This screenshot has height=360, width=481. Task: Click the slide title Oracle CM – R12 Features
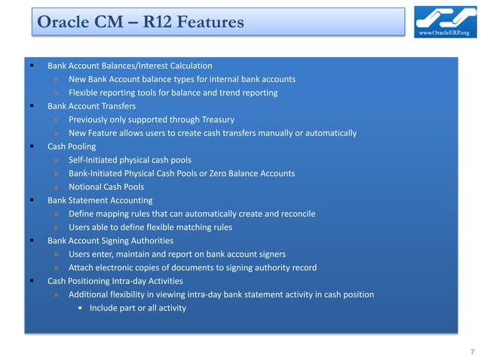[x=140, y=23]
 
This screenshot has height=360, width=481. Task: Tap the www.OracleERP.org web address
[x=449, y=33]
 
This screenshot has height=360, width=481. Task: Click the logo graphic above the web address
[x=448, y=17]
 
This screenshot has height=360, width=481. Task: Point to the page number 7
[x=471, y=351]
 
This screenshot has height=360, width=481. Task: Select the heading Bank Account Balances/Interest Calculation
[x=130, y=66]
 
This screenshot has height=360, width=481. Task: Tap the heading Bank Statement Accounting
[x=100, y=200]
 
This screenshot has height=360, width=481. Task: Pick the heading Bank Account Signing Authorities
[x=110, y=240]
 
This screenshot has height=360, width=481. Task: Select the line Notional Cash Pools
[x=106, y=187]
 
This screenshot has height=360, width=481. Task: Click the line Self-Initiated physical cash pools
[x=129, y=160]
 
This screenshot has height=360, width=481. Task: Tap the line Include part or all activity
[x=137, y=307]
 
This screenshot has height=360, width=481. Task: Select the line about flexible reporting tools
[x=173, y=93]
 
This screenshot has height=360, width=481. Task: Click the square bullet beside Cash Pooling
[x=32, y=146]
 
